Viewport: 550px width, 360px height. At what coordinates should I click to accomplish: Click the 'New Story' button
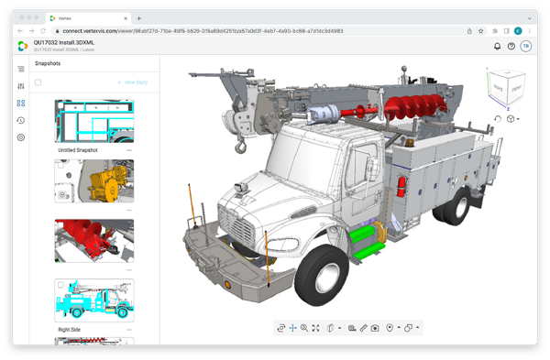133,82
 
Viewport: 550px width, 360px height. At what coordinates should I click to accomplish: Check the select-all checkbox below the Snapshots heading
38,82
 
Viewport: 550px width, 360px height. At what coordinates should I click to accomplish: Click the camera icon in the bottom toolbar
375,328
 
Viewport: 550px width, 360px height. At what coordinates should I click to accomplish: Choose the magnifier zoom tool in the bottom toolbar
303,328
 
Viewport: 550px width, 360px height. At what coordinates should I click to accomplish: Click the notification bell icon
497,46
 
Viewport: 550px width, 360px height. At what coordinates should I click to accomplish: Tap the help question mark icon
511,46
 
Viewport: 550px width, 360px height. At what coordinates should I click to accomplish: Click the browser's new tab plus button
139,17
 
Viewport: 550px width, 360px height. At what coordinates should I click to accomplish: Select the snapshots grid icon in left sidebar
21,104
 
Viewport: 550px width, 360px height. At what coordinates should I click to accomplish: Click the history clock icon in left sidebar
21,120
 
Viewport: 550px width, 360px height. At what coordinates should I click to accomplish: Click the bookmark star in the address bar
492,30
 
